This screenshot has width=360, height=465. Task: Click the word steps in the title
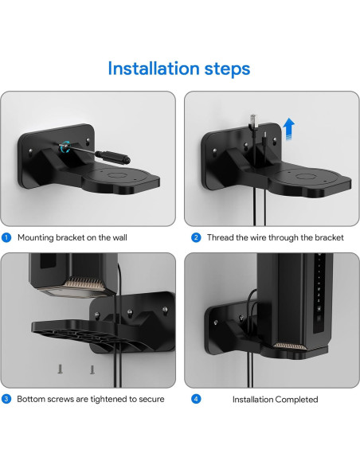point(226,69)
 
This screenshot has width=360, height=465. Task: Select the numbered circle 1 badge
point(6,237)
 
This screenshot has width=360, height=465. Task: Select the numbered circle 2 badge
point(196,237)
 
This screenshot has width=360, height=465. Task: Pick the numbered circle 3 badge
point(6,399)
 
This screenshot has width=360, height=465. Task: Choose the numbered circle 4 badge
point(196,399)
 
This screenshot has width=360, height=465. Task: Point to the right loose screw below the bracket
point(92,369)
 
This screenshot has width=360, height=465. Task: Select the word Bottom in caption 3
point(33,399)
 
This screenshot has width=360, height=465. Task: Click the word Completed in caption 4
point(296,399)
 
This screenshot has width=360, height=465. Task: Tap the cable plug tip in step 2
point(251,120)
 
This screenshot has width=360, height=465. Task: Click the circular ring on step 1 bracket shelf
point(117,174)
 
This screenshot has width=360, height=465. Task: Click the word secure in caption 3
point(151,399)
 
